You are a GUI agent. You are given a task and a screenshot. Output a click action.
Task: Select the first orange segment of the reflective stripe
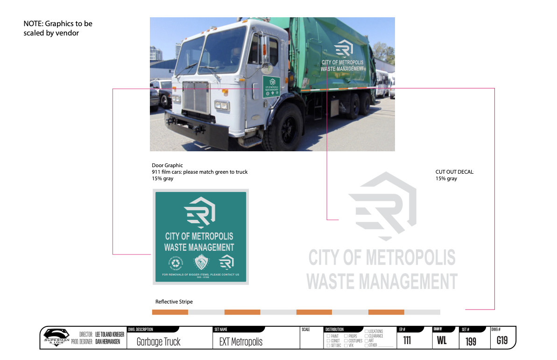click(170, 312)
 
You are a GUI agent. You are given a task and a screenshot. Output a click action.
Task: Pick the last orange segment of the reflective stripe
click(386, 312)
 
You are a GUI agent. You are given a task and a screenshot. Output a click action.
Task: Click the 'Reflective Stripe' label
click(174, 302)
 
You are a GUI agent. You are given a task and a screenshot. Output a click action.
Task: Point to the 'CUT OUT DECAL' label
click(454, 172)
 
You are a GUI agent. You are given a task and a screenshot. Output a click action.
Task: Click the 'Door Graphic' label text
click(167, 165)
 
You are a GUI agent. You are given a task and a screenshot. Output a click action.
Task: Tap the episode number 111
click(407, 340)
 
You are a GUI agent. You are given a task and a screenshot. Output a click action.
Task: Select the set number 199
click(471, 341)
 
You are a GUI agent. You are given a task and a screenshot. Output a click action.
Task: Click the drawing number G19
click(502, 340)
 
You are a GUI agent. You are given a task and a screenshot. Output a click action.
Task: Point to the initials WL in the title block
click(442, 340)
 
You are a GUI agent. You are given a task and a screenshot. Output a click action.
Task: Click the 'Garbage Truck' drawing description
click(158, 342)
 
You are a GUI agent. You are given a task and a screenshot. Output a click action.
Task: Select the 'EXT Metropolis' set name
click(240, 342)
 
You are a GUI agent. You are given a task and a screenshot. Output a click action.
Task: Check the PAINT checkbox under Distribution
click(329, 336)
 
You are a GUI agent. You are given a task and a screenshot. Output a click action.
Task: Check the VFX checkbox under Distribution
click(346, 346)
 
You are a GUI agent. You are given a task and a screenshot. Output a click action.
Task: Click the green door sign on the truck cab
click(271, 87)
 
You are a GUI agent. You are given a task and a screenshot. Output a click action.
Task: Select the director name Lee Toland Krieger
click(110, 334)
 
